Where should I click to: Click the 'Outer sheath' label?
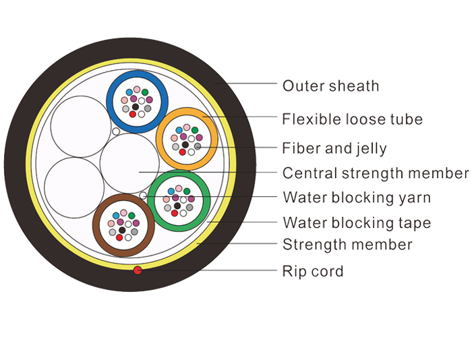(330, 86)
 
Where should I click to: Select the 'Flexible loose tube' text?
(352, 119)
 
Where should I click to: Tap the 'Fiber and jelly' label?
(334, 148)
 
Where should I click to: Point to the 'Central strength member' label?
(376, 173)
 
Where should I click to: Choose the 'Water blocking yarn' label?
(357, 198)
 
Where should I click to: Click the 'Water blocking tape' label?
(357, 222)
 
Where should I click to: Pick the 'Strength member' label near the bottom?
(347, 245)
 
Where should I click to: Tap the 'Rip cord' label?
(313, 271)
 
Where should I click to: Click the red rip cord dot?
(138, 270)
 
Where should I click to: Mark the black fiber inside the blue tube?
(136, 107)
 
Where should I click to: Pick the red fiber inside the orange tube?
(182, 152)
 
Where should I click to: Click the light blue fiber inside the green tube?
(171, 191)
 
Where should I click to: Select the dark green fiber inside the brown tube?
(131, 216)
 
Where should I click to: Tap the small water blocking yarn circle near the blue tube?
(116, 131)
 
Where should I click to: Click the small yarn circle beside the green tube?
(143, 196)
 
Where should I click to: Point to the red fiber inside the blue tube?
(132, 114)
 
